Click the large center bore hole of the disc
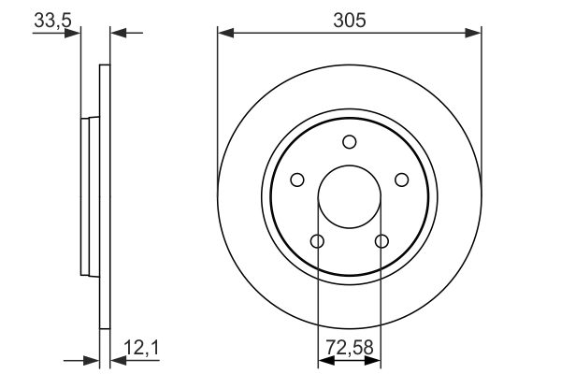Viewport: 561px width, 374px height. tap(349, 196)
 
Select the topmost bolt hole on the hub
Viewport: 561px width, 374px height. tap(349, 142)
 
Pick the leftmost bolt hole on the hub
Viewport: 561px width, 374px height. tap(297, 180)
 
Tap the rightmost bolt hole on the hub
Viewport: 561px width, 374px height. tap(401, 180)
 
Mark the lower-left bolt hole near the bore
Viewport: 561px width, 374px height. tap(317, 241)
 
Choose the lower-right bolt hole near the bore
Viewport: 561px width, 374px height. tap(381, 241)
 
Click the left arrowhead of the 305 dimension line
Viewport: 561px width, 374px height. tap(224, 34)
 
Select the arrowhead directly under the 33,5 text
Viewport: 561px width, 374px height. tap(74, 34)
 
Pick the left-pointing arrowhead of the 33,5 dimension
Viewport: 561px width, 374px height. tap(118, 34)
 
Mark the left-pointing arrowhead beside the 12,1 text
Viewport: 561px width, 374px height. tap(118, 360)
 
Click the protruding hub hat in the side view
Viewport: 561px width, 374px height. tap(90, 196)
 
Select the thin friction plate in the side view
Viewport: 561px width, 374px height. tap(105, 196)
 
